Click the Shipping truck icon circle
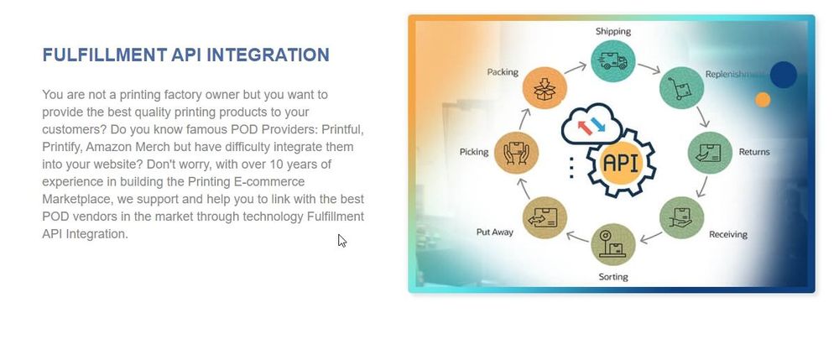pyautogui.click(x=612, y=61)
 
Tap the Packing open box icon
pyautogui.click(x=545, y=89)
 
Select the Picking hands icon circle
pyautogui.click(x=516, y=153)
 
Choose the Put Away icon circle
pyautogui.click(x=545, y=217)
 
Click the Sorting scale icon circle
pyautogui.click(x=612, y=244)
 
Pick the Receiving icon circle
pyautogui.click(x=681, y=217)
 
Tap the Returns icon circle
pyautogui.click(x=710, y=153)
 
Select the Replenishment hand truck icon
pyautogui.click(x=681, y=89)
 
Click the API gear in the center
pyautogui.click(x=621, y=163)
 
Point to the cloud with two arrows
pyautogui.click(x=591, y=125)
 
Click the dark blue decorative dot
pyautogui.click(x=784, y=75)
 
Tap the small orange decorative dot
pyautogui.click(x=763, y=100)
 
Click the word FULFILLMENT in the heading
pyautogui.click(x=105, y=55)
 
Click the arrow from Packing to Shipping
pyautogui.click(x=576, y=68)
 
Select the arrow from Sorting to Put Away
pyautogui.click(x=578, y=236)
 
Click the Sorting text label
pyautogui.click(x=613, y=277)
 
